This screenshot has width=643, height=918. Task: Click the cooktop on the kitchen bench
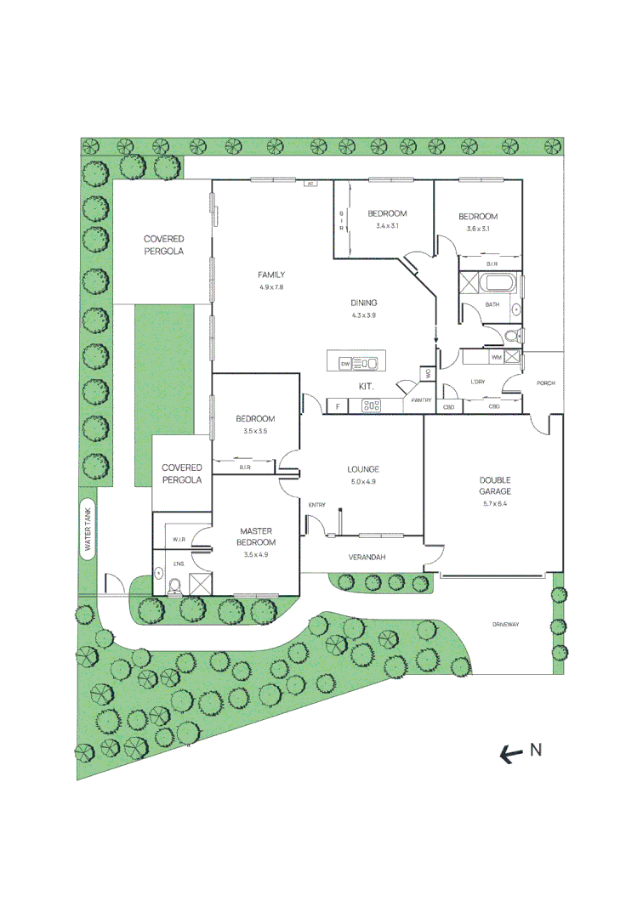371,406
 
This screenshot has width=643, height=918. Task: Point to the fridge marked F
338,406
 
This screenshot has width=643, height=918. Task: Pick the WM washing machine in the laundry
495,357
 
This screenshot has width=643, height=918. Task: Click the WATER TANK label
88,530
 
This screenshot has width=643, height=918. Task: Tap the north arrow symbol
511,752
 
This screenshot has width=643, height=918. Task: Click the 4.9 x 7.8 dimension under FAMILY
272,287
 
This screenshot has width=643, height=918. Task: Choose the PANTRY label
421,400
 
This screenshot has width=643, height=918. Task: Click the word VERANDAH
368,558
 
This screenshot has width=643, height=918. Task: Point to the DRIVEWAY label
505,625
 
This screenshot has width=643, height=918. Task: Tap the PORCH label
545,383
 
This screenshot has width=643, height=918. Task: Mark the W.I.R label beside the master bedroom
179,540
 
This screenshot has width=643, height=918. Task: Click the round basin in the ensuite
158,573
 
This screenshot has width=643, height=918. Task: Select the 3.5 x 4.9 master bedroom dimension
256,554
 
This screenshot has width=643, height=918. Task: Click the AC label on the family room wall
310,183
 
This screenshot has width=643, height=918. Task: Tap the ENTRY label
317,506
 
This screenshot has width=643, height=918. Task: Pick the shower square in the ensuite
201,584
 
